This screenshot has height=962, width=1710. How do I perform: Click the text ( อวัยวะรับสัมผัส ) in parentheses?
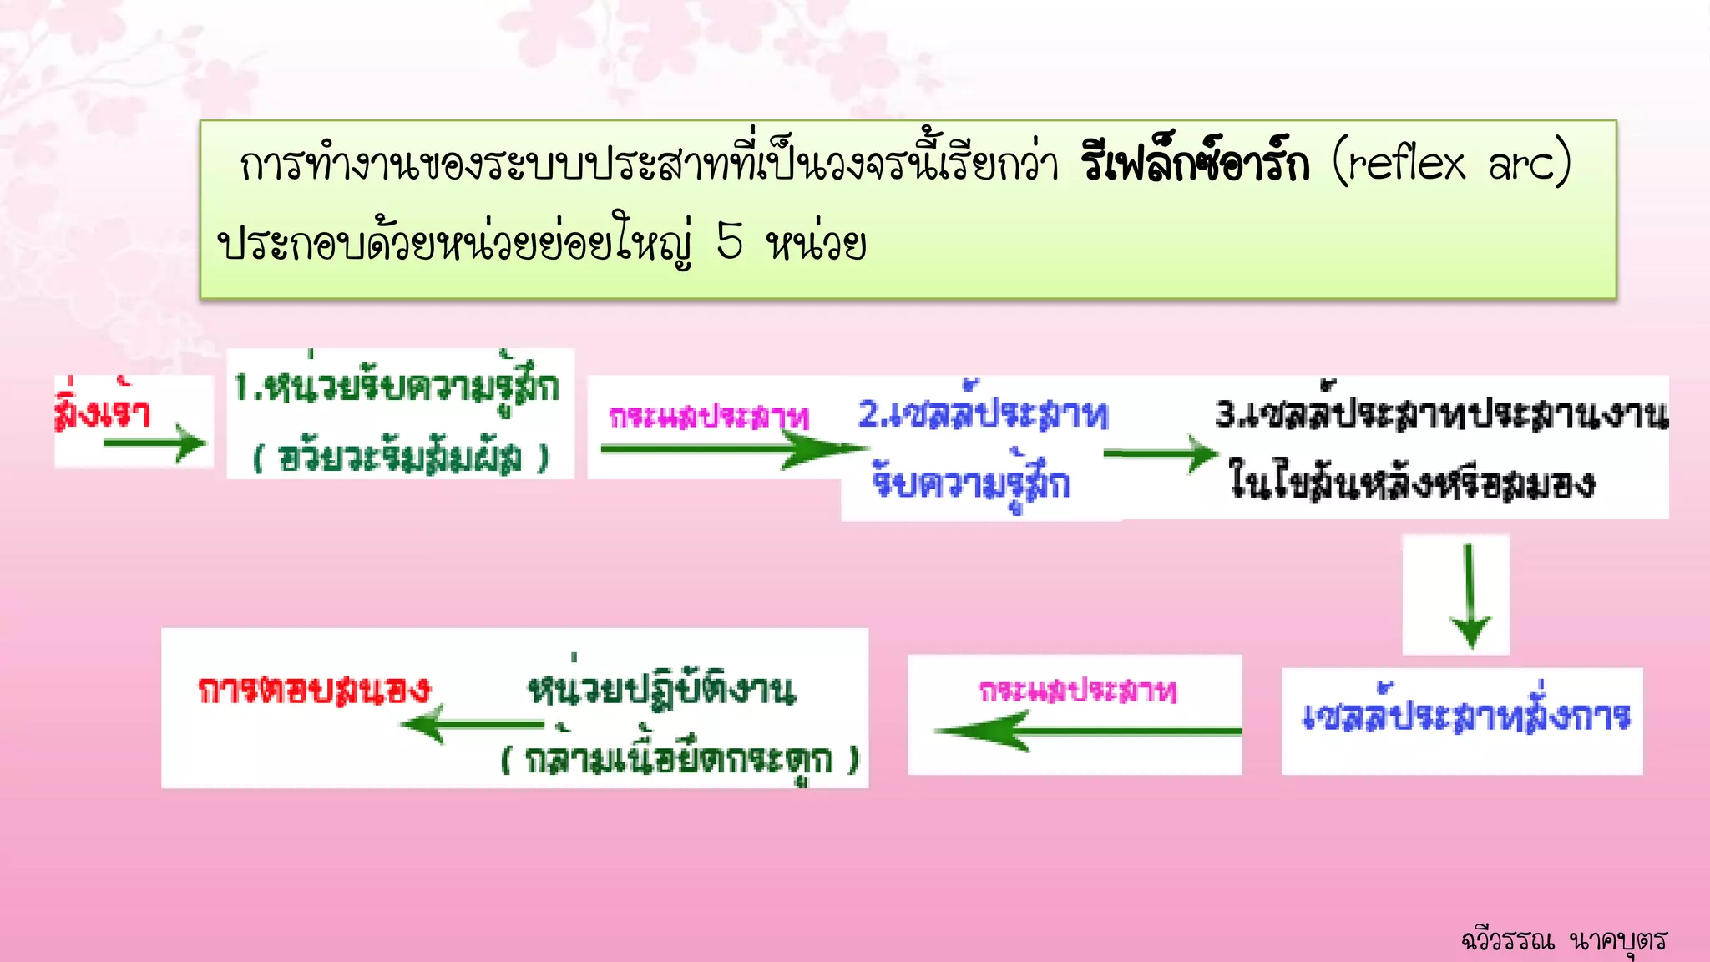(401, 458)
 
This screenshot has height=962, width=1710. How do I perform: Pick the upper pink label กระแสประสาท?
(709, 417)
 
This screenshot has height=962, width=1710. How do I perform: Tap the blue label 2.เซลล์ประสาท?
(984, 413)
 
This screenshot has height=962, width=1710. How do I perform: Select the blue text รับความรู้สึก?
(971, 483)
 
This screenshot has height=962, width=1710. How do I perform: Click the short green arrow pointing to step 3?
(1161, 455)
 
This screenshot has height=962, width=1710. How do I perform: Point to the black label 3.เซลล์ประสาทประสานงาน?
(1441, 413)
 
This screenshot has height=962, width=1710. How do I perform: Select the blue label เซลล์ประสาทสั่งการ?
(1466, 716)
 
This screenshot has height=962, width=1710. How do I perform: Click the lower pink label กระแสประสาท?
(1078, 691)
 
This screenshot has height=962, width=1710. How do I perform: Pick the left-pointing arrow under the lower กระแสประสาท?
(1085, 732)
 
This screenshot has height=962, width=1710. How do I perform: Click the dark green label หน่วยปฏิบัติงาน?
(661, 690)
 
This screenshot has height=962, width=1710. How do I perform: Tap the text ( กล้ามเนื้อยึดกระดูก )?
(680, 760)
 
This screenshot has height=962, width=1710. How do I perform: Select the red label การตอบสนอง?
(314, 690)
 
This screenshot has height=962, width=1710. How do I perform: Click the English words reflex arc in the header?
(1451, 164)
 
